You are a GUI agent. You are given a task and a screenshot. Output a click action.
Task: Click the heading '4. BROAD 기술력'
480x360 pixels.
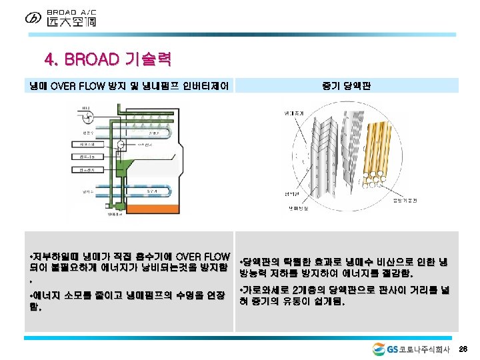(107, 60)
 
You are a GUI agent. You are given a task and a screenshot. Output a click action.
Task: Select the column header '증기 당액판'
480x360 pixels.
(347, 85)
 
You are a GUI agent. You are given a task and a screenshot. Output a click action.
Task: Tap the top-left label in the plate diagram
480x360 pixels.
(293, 113)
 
